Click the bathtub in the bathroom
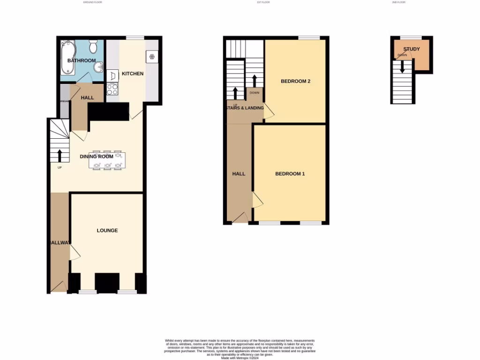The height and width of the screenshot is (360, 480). [x=68, y=58]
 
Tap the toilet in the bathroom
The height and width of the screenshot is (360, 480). [x=93, y=47]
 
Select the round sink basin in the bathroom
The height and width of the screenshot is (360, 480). [x=98, y=68]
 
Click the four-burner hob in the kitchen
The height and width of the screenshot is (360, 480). [x=112, y=88]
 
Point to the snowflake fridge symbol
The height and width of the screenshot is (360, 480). [x=152, y=57]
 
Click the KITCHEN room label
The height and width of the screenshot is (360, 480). [x=133, y=74]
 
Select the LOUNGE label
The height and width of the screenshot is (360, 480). [x=107, y=231]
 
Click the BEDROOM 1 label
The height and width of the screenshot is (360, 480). [x=290, y=174]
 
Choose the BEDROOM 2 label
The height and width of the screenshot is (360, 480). [x=295, y=81]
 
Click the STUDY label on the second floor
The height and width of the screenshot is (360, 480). [x=412, y=49]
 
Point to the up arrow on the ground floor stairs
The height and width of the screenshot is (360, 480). [x=60, y=155]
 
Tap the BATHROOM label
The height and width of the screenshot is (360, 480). [x=82, y=60]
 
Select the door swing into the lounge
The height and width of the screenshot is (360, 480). [x=75, y=253]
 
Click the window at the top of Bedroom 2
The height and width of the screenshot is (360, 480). [x=307, y=38]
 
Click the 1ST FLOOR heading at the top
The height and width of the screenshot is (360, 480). [x=263, y=2]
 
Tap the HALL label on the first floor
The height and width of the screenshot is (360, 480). [x=239, y=174]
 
